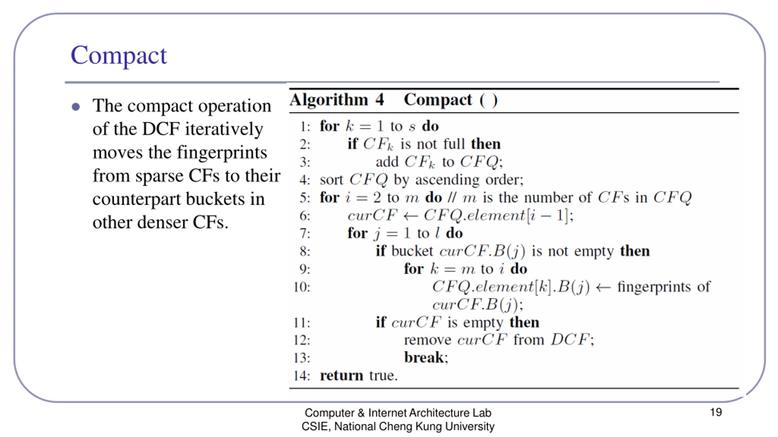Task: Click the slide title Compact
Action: [119, 56]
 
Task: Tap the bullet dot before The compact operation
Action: [76, 107]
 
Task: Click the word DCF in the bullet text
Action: [161, 129]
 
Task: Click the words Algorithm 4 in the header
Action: [337, 100]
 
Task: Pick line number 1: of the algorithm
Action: [305, 127]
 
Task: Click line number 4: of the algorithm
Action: [305, 180]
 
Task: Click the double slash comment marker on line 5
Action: [452, 198]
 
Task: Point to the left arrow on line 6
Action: [410, 216]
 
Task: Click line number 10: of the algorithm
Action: [302, 287]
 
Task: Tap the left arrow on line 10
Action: [603, 287]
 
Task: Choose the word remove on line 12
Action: [428, 340]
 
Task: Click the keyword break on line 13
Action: [424, 357]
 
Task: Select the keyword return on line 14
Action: [342, 376]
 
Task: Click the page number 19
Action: [716, 412]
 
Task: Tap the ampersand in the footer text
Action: [361, 413]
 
